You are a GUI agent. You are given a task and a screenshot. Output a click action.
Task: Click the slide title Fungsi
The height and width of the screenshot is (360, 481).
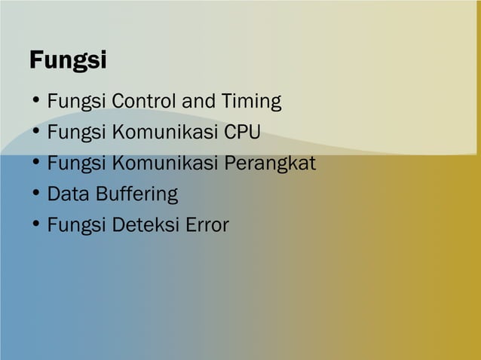pyautogui.click(x=68, y=60)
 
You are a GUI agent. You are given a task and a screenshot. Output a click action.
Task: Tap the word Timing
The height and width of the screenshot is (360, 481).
pyautogui.click(x=251, y=101)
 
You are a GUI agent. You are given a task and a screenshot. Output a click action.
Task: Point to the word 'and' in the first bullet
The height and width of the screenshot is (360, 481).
pyautogui.click(x=198, y=101)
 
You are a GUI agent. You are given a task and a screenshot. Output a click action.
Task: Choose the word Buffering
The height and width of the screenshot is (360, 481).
pyautogui.click(x=136, y=195)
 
